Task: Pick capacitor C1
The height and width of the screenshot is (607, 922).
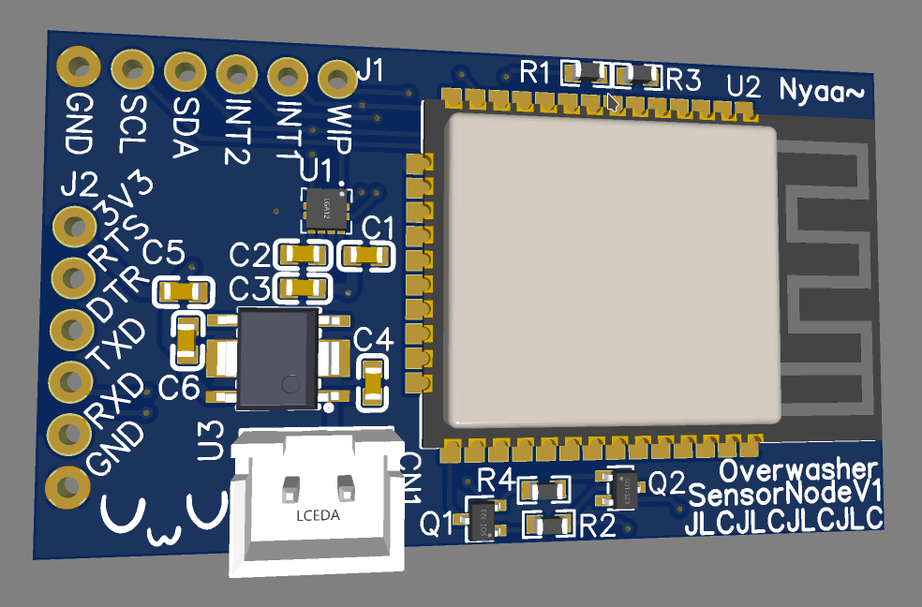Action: [366, 254]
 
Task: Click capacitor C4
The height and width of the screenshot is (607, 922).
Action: [372, 383]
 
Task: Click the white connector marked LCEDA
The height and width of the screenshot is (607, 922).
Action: [319, 506]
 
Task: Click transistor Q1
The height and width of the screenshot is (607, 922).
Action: [480, 517]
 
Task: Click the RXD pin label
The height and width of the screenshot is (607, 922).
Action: [116, 399]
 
